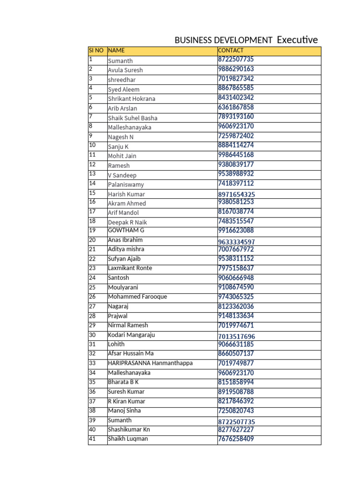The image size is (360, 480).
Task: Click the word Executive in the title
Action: pos(297,40)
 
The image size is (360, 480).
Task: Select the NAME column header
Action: pos(117,50)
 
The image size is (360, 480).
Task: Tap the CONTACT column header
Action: pos(231,50)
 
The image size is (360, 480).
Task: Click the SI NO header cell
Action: pos(96,50)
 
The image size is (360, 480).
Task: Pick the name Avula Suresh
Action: pos(125,70)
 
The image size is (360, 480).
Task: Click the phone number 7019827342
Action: pos(236,78)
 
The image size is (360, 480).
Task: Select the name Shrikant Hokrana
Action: pos(131,99)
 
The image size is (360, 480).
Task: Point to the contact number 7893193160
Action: pos(236,116)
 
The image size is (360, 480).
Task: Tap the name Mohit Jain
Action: pos(122,156)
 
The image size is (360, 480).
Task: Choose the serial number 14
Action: pos(92,183)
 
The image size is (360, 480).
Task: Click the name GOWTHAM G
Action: pos(126,230)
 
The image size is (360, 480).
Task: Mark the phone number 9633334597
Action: pos(236,242)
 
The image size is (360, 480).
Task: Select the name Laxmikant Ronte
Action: pos(130,268)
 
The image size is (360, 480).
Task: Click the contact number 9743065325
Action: pos(236,297)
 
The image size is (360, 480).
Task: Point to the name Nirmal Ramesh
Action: pos(127,325)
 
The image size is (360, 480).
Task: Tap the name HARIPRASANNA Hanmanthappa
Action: pos(150,363)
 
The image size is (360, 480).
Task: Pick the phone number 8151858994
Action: pos(236,382)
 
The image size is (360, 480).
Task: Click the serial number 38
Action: pos(92,410)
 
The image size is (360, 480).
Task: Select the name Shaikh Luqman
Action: pos(127,439)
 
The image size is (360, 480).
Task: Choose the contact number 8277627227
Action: pos(236,429)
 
